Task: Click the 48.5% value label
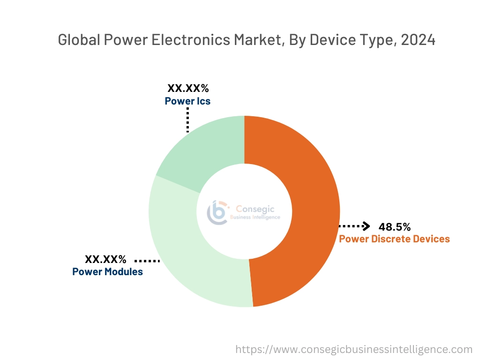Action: coord(395,227)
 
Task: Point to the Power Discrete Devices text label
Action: coord(394,239)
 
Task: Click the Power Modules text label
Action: coord(107,272)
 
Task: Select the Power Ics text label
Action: coord(187,101)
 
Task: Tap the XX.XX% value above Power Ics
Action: coord(188,88)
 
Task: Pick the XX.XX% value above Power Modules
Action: coord(105,259)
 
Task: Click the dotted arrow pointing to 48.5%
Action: coord(354,226)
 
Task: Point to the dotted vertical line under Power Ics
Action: coord(187,120)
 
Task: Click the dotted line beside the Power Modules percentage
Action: coord(147,260)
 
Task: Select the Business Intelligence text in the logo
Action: coord(255,217)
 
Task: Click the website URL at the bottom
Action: coord(353,349)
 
